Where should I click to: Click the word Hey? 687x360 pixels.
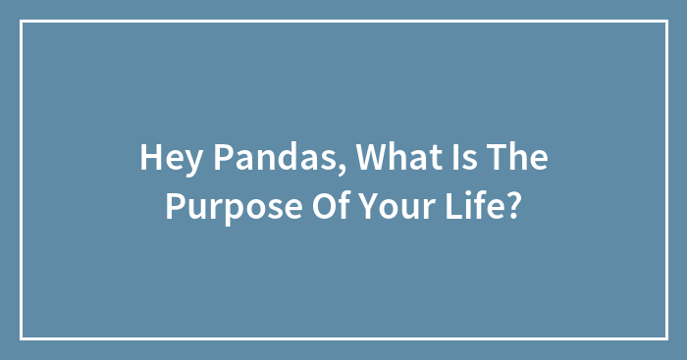pyautogui.click(x=163, y=159)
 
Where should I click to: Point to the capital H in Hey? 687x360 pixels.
pyautogui.click(x=149, y=159)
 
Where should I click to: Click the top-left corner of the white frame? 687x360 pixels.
pyautogui.click(x=22, y=22)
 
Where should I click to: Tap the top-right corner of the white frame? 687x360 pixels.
pyautogui.click(x=665, y=22)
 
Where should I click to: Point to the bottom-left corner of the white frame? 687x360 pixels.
pyautogui.click(x=22, y=337)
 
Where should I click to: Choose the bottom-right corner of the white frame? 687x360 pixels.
pyautogui.click(x=665, y=337)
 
